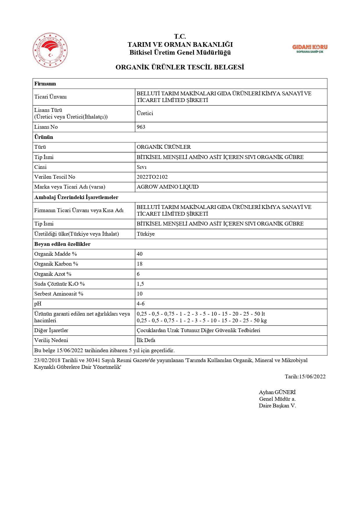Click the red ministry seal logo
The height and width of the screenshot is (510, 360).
click(x=50, y=50)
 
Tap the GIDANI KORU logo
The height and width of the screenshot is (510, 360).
click(x=309, y=49)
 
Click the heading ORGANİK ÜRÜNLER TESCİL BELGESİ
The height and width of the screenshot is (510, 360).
click(x=180, y=67)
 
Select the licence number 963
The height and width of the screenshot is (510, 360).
click(x=141, y=127)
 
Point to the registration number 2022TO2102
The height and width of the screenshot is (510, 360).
click(x=152, y=177)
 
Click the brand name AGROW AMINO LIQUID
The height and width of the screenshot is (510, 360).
click(x=168, y=187)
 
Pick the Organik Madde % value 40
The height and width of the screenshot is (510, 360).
click(x=140, y=254)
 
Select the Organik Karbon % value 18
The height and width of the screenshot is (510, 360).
click(x=140, y=264)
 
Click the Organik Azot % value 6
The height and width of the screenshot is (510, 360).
click(x=138, y=274)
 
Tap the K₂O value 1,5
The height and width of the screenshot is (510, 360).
click(x=140, y=284)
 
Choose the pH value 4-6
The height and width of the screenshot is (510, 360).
click(x=141, y=304)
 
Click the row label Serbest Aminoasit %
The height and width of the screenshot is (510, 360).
click(x=59, y=294)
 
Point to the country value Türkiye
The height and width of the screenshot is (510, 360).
click(x=146, y=234)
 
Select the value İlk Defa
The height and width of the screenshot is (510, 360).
click(x=146, y=340)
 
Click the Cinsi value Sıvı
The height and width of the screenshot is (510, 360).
click(x=142, y=167)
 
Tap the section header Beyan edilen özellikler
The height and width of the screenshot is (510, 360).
click(x=62, y=244)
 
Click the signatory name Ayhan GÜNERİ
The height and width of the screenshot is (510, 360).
click(x=277, y=392)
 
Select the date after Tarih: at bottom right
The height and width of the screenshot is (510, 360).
click(x=312, y=377)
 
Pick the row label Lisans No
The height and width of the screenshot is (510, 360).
click(x=46, y=127)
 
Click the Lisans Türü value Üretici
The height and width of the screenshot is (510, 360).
click(x=145, y=113)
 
